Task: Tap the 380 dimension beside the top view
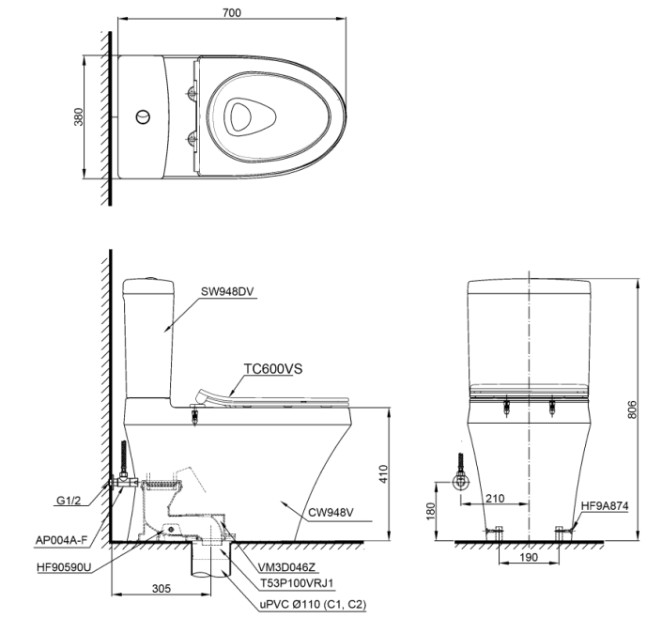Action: (80, 116)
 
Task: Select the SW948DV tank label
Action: (227, 291)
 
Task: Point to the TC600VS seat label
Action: (274, 370)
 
